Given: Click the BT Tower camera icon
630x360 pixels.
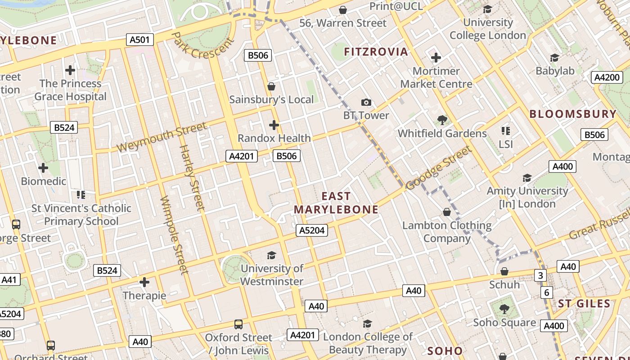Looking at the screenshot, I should pyautogui.click(x=366, y=103).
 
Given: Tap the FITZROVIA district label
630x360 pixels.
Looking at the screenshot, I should pyautogui.click(x=376, y=52).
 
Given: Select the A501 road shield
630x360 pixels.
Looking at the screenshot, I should pyautogui.click(x=139, y=40).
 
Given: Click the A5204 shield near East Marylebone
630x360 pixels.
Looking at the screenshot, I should pyautogui.click(x=312, y=230).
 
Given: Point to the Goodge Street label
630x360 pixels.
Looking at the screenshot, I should pyautogui.click(x=438, y=168).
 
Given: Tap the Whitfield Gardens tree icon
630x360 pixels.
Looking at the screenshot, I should pyautogui.click(x=442, y=120).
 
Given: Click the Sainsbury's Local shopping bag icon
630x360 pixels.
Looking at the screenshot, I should pyautogui.click(x=271, y=86).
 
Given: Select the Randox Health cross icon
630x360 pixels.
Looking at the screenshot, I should pyautogui.click(x=274, y=125).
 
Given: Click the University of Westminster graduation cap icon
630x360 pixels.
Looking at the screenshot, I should pyautogui.click(x=271, y=255).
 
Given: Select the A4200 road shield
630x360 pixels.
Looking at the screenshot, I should pyautogui.click(x=607, y=77).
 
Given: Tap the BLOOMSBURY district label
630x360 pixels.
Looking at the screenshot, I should pyautogui.click(x=572, y=114).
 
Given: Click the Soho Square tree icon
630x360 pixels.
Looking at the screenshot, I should pyautogui.click(x=504, y=309).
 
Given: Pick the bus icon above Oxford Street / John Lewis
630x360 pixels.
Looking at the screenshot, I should pyautogui.click(x=238, y=324).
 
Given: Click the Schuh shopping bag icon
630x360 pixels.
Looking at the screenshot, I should pyautogui.click(x=504, y=271).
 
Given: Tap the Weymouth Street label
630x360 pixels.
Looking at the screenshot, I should pyautogui.click(x=162, y=137).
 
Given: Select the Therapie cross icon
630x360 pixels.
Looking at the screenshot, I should pyautogui.click(x=144, y=282).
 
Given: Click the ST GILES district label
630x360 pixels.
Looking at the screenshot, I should pyautogui.click(x=584, y=304).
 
